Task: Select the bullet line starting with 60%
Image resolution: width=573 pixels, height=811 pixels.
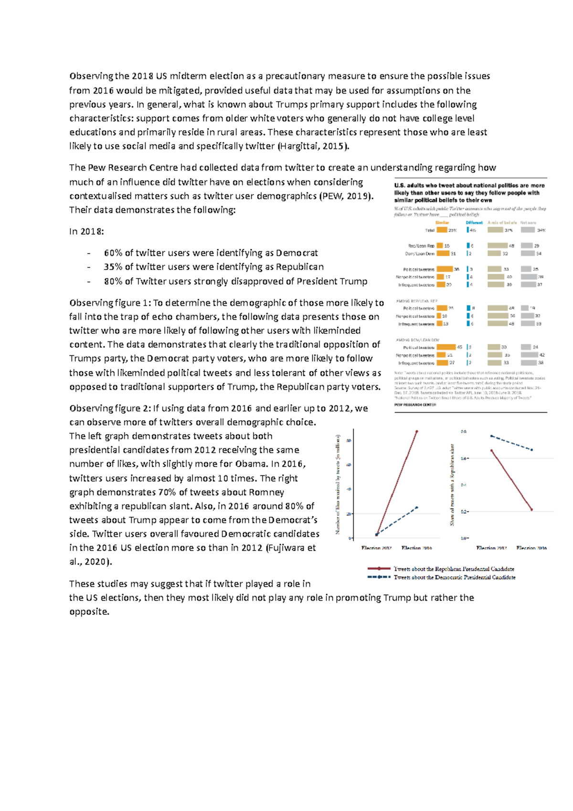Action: point(211,253)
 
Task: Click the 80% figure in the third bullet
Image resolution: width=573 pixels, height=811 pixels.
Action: point(113,281)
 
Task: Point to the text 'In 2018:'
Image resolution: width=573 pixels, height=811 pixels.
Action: point(86,231)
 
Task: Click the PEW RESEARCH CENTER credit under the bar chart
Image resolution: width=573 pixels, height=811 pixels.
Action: point(415,405)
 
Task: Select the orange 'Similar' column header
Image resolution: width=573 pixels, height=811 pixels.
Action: point(442,223)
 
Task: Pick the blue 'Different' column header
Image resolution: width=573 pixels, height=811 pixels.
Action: point(474,223)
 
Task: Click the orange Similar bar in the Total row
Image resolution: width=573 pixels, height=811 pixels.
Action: point(442,230)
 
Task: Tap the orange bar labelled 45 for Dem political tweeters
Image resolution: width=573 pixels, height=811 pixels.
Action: point(446,347)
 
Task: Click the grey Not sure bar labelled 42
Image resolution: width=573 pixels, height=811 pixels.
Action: point(529,355)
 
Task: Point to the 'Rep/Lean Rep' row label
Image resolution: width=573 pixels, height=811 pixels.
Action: point(421,246)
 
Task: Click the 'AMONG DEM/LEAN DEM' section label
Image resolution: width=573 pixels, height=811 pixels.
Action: point(417,340)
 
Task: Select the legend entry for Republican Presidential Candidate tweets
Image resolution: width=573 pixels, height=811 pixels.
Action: point(454,569)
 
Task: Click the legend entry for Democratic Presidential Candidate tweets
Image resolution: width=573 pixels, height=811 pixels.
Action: point(454,577)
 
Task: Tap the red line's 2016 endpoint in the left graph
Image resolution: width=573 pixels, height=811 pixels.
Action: point(416,431)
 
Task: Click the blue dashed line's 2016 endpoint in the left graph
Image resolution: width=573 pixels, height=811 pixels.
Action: point(416,507)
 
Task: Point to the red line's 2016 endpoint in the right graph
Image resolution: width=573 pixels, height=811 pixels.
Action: point(531,510)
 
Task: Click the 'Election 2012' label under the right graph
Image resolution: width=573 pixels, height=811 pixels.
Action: point(491,548)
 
